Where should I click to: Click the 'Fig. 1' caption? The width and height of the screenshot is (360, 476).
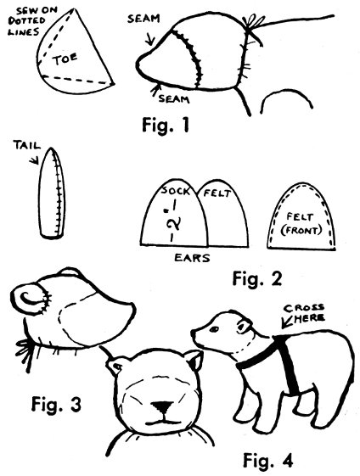coord(166,125)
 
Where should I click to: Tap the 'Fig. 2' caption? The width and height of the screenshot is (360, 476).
coord(257,278)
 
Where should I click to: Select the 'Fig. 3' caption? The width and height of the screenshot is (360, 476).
coord(56,404)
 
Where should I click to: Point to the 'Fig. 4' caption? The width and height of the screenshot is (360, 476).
coord(268,460)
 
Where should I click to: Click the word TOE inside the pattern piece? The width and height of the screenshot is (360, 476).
coord(65,59)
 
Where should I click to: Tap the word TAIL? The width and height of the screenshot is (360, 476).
coord(26,145)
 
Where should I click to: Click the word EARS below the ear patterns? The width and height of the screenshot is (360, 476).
coord(192,258)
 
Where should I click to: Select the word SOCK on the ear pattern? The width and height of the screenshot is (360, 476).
coord(176,190)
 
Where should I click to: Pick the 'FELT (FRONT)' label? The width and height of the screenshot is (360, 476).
coord(301,224)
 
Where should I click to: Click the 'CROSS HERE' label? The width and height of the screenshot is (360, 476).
coord(305,313)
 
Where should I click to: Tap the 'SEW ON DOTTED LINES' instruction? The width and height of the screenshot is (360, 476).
coord(30,21)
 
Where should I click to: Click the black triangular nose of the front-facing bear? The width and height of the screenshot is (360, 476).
coord(162,406)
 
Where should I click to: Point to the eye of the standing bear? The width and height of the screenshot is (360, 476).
coord(214,329)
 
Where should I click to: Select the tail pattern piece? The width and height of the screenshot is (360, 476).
coord(52,193)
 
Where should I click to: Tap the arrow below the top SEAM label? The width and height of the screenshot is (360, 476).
coord(150,40)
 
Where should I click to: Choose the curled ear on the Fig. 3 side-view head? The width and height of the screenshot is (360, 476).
coord(30,300)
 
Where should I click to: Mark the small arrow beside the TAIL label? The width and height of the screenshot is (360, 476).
coord(34,160)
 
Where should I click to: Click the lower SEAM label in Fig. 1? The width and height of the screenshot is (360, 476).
coord(174,99)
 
